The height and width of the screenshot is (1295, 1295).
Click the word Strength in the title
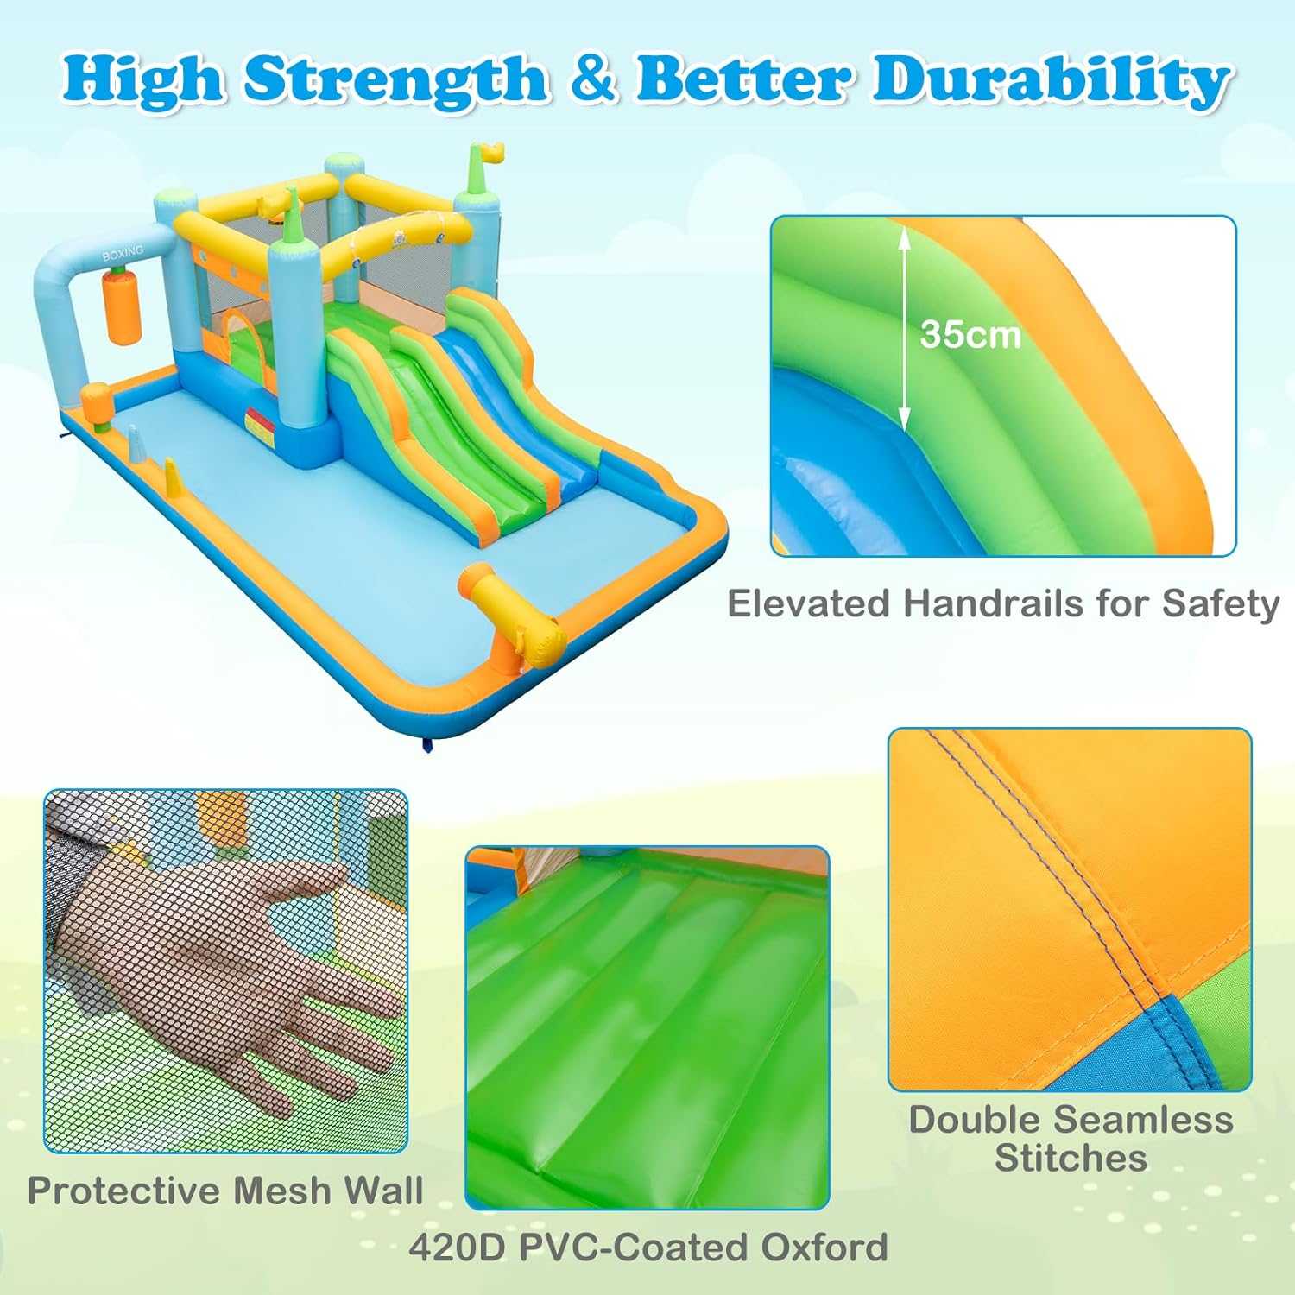395,80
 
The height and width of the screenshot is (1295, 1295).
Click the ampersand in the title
593,79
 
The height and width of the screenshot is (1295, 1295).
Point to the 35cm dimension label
970,335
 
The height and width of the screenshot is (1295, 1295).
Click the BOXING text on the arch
123,253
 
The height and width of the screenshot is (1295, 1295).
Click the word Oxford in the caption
824,1248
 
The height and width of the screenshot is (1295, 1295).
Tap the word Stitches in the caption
1071,1158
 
